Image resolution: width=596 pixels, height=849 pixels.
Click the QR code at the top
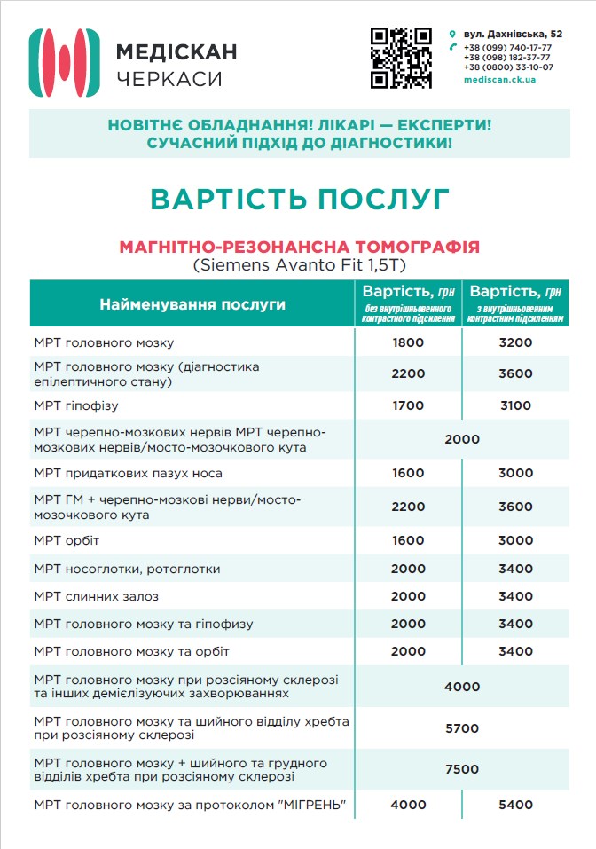tap(401, 58)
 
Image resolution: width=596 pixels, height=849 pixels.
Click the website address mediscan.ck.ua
tap(499, 79)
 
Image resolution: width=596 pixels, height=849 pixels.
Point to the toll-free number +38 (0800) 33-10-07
tap(508, 67)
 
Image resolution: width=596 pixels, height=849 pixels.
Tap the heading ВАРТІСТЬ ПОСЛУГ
tap(299, 199)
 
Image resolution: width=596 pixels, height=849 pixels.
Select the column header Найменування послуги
tap(192, 304)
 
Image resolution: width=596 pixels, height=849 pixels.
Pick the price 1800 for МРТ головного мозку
tap(408, 342)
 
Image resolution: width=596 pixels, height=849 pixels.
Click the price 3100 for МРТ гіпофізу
tap(515, 406)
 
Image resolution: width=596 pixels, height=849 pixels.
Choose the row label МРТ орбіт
tap(67, 540)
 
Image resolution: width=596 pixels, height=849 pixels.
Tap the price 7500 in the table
tap(462, 769)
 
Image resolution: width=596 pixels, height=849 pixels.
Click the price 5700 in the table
tap(462, 728)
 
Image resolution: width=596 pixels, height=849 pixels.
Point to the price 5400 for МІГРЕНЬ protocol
tap(515, 805)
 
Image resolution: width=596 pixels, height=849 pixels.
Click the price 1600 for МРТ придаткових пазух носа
tap(408, 473)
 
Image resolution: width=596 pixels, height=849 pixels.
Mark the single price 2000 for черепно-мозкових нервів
tap(462, 439)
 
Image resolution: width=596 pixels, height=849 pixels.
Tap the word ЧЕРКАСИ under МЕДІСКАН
tap(169, 79)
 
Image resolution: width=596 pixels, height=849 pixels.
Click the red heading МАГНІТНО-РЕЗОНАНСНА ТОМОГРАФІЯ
tap(299, 245)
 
